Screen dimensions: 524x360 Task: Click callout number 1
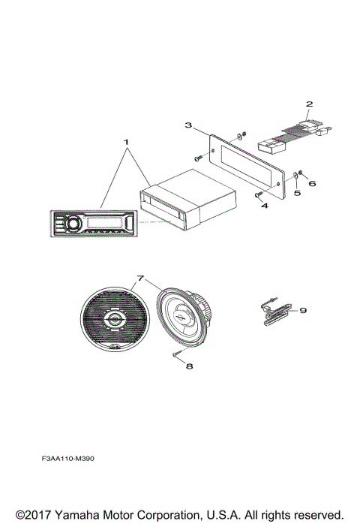127,141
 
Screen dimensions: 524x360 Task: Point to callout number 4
264,204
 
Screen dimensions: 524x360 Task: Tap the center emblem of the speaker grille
115,321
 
